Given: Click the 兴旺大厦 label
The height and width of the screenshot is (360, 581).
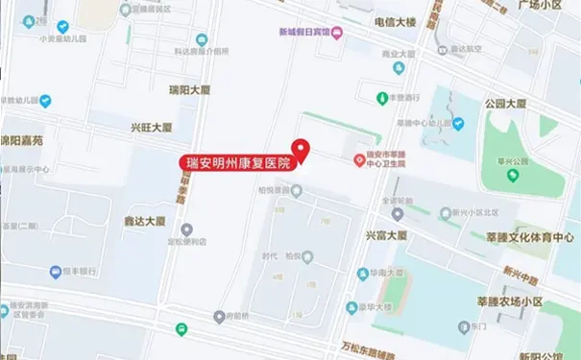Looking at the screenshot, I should (x=151, y=128).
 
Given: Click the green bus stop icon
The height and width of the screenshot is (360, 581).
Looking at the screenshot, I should (x=182, y=328).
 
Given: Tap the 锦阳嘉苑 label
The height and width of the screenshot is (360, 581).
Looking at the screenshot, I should (x=21, y=140).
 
